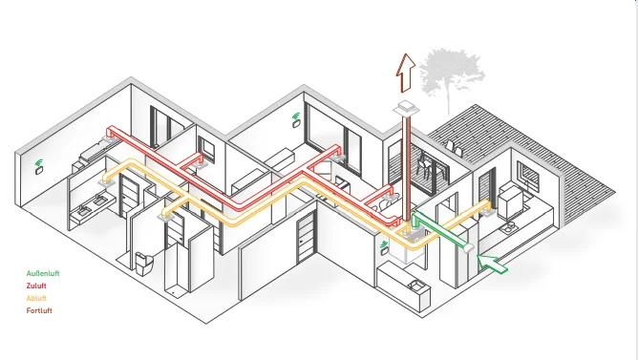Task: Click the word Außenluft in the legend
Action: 43,273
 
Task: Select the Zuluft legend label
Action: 36,286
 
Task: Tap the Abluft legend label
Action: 36,298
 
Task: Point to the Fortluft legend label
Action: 39,310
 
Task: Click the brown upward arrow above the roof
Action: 406,73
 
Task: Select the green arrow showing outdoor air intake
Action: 492,264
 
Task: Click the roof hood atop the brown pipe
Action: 405,108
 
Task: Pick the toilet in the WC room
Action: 144,264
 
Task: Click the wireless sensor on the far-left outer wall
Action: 38,168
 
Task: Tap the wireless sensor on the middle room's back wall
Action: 296,120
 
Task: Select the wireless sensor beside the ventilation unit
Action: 384,247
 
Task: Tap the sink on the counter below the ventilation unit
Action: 415,286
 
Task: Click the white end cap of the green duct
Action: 468,247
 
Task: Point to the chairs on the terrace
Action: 422,167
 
